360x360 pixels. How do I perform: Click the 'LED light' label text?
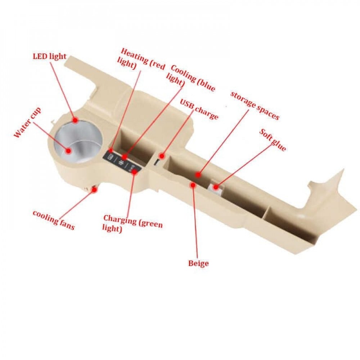point(50,56)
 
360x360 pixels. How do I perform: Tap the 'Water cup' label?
point(27,122)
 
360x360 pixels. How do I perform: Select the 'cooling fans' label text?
point(53,220)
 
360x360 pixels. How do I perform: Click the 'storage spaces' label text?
point(255,105)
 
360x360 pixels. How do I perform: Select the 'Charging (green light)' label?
point(132,223)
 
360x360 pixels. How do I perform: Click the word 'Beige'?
point(198,264)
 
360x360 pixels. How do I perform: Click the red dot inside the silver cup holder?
point(68,151)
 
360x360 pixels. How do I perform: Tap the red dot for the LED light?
point(76,120)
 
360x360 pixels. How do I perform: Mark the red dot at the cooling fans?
point(94,189)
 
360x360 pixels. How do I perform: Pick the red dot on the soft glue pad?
point(216,187)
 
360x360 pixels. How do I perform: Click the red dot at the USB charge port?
point(162,156)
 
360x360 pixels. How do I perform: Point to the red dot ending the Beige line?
point(193,185)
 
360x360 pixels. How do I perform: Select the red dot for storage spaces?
point(198,175)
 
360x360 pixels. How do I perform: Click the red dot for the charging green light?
point(134,172)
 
